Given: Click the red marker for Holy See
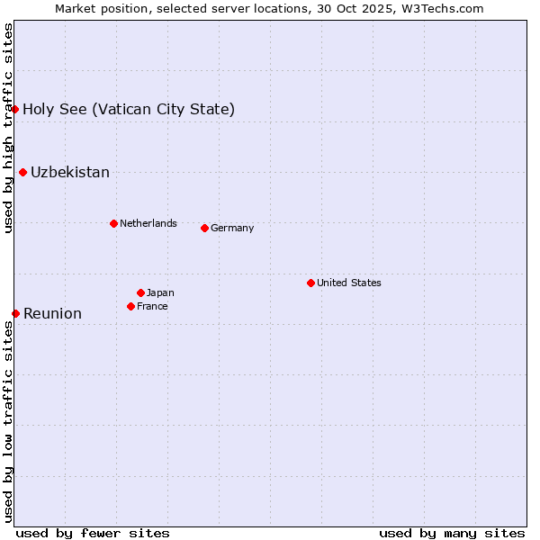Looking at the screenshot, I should pyautogui.click(x=15, y=109).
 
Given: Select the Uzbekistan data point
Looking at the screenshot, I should pyautogui.click(x=22, y=172).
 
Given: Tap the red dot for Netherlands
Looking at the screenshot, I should pyautogui.click(x=113, y=223).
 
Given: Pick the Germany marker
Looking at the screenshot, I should pyautogui.click(x=204, y=228).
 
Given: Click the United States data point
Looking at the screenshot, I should pyautogui.click(x=310, y=283).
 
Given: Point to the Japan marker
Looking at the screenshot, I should pyautogui.click(x=140, y=292).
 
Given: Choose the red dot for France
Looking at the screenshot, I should pyautogui.click(x=130, y=306).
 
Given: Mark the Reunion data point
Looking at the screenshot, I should pyautogui.click(x=15, y=313).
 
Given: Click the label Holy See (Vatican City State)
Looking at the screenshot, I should pyautogui.click(x=129, y=110).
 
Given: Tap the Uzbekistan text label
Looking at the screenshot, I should pyautogui.click(x=70, y=173).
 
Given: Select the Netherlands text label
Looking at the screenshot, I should pyautogui.click(x=148, y=223).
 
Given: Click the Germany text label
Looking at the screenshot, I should pyautogui.click(x=232, y=229).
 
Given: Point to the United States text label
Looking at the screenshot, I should pyautogui.click(x=348, y=283).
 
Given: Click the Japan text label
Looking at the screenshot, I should pyautogui.click(x=160, y=292).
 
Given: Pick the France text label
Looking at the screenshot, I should pyautogui.click(x=152, y=306).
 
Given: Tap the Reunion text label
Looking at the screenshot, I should pyautogui.click(x=52, y=314).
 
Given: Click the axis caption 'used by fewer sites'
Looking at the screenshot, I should pyautogui.click(x=93, y=533).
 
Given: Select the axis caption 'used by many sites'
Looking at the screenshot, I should pyautogui.click(x=452, y=533).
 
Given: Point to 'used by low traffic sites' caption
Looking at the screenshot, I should pyautogui.click(x=8, y=421).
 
